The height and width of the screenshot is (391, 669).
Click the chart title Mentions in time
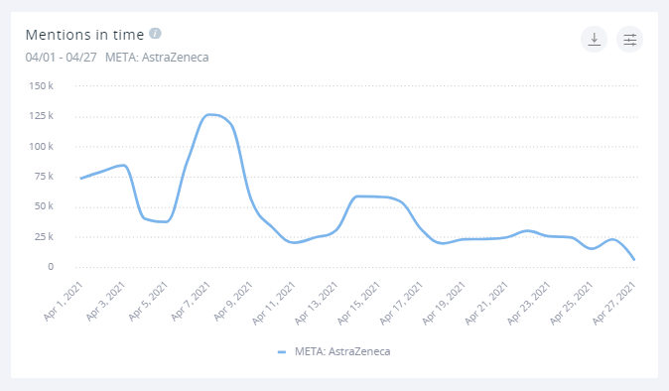[84, 35]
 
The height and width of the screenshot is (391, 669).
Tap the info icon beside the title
[155, 34]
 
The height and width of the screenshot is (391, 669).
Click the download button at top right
[594, 39]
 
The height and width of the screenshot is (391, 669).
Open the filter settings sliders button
[629, 39]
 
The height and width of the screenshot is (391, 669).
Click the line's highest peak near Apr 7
[209, 114]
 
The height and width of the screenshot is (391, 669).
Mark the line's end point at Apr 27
[635, 260]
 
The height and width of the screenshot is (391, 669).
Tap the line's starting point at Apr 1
[80, 179]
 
